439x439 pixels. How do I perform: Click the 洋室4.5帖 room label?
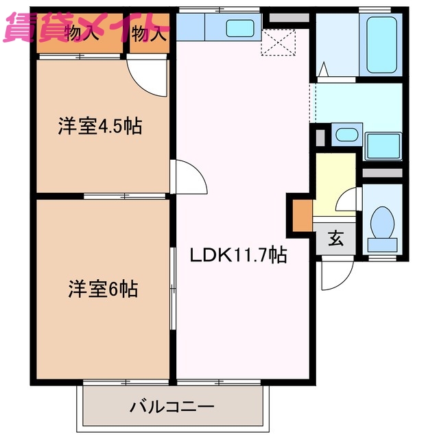click(x=99, y=127)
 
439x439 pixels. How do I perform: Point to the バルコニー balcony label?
click(x=172, y=407)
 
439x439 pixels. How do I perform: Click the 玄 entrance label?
click(x=335, y=239)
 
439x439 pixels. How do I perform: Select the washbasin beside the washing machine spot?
click(x=345, y=134)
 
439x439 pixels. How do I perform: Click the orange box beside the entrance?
click(x=302, y=214)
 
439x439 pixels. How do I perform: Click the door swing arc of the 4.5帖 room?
click(x=150, y=77)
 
